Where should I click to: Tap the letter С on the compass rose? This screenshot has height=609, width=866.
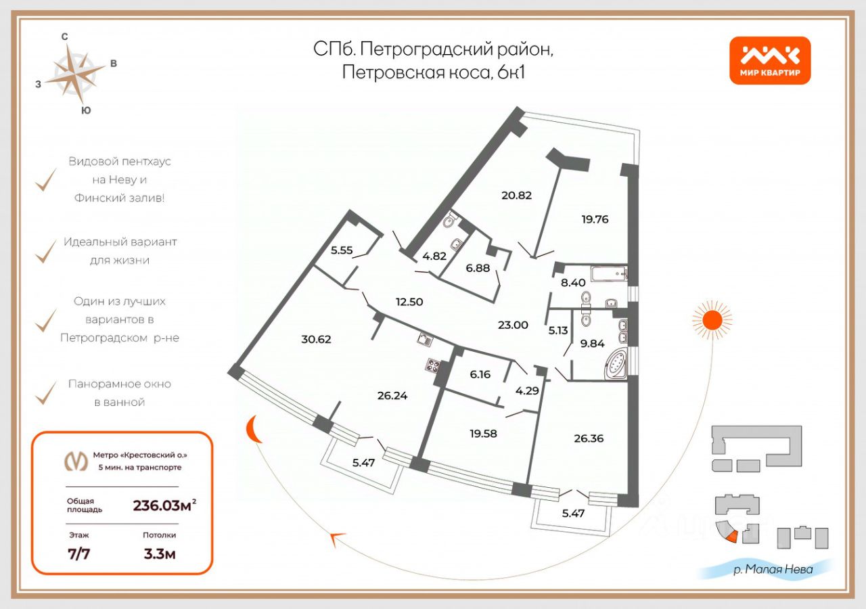click(x=64, y=37)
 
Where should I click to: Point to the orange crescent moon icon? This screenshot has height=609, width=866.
click(x=253, y=428)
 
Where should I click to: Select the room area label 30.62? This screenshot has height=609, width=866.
click(x=316, y=339)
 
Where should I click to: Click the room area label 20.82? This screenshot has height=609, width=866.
click(x=516, y=196)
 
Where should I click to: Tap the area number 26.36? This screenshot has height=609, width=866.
click(x=589, y=438)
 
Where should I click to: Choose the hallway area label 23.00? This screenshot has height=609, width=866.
click(x=513, y=325)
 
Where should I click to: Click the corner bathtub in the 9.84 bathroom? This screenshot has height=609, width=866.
click(x=616, y=364)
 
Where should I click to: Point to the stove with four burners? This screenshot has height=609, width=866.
click(x=433, y=366)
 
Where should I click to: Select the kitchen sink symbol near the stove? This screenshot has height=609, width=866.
click(x=425, y=339)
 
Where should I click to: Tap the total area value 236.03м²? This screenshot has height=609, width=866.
click(x=164, y=505)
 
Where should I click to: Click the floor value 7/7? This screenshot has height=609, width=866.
click(x=79, y=554)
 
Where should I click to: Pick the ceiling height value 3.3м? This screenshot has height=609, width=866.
click(x=159, y=554)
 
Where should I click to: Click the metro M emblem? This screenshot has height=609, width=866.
click(x=75, y=461)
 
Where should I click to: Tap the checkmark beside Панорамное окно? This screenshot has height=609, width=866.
click(x=46, y=392)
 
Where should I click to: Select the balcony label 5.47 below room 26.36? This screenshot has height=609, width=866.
click(x=573, y=514)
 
